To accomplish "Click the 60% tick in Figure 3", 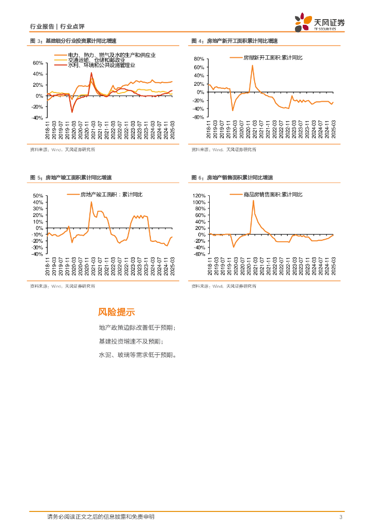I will coord(37,63).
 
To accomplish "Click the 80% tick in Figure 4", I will coord(199,59).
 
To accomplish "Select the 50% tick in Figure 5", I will coord(37,196).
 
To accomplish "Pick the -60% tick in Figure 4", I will coord(198,117).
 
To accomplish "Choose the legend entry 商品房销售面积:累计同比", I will coord(273,194).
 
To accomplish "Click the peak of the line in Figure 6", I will coord(253,200).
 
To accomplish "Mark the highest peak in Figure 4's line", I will coord(253,65).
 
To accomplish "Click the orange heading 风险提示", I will coord(116,312).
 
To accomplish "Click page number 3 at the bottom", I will coord(341,517).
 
